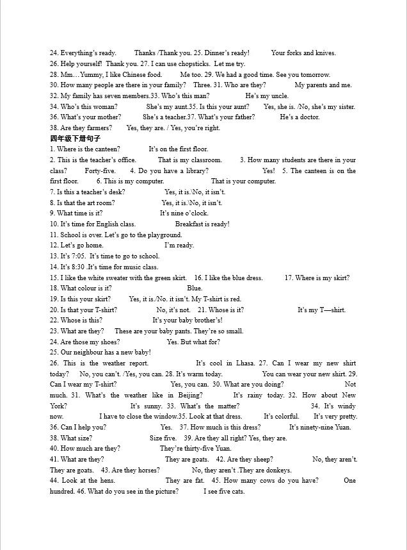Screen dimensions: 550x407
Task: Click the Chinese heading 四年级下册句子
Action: (x=76, y=138)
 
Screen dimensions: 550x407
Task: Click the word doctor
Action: (x=310, y=117)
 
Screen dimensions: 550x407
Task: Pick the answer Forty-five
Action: (x=100, y=171)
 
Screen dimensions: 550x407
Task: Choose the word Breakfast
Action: (x=189, y=224)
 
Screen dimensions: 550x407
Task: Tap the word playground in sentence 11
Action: (x=165, y=235)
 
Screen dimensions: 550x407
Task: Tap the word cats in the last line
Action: (x=238, y=492)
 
